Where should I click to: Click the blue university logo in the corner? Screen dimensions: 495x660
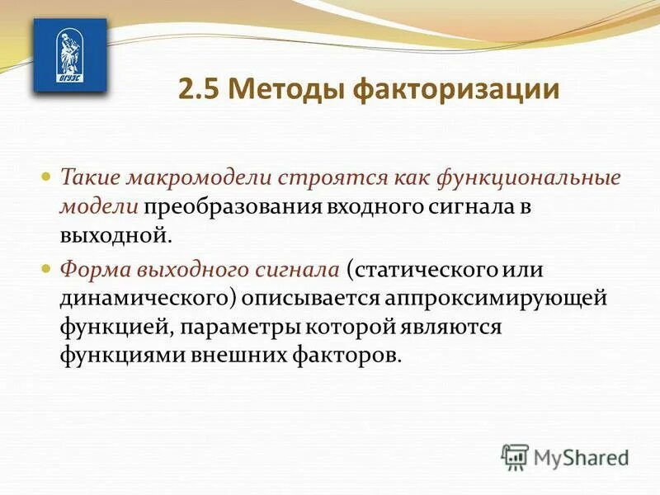coord(68,56)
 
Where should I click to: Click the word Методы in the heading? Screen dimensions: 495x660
coord(287,88)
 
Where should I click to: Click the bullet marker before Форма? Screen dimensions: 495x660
coord(46,268)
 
